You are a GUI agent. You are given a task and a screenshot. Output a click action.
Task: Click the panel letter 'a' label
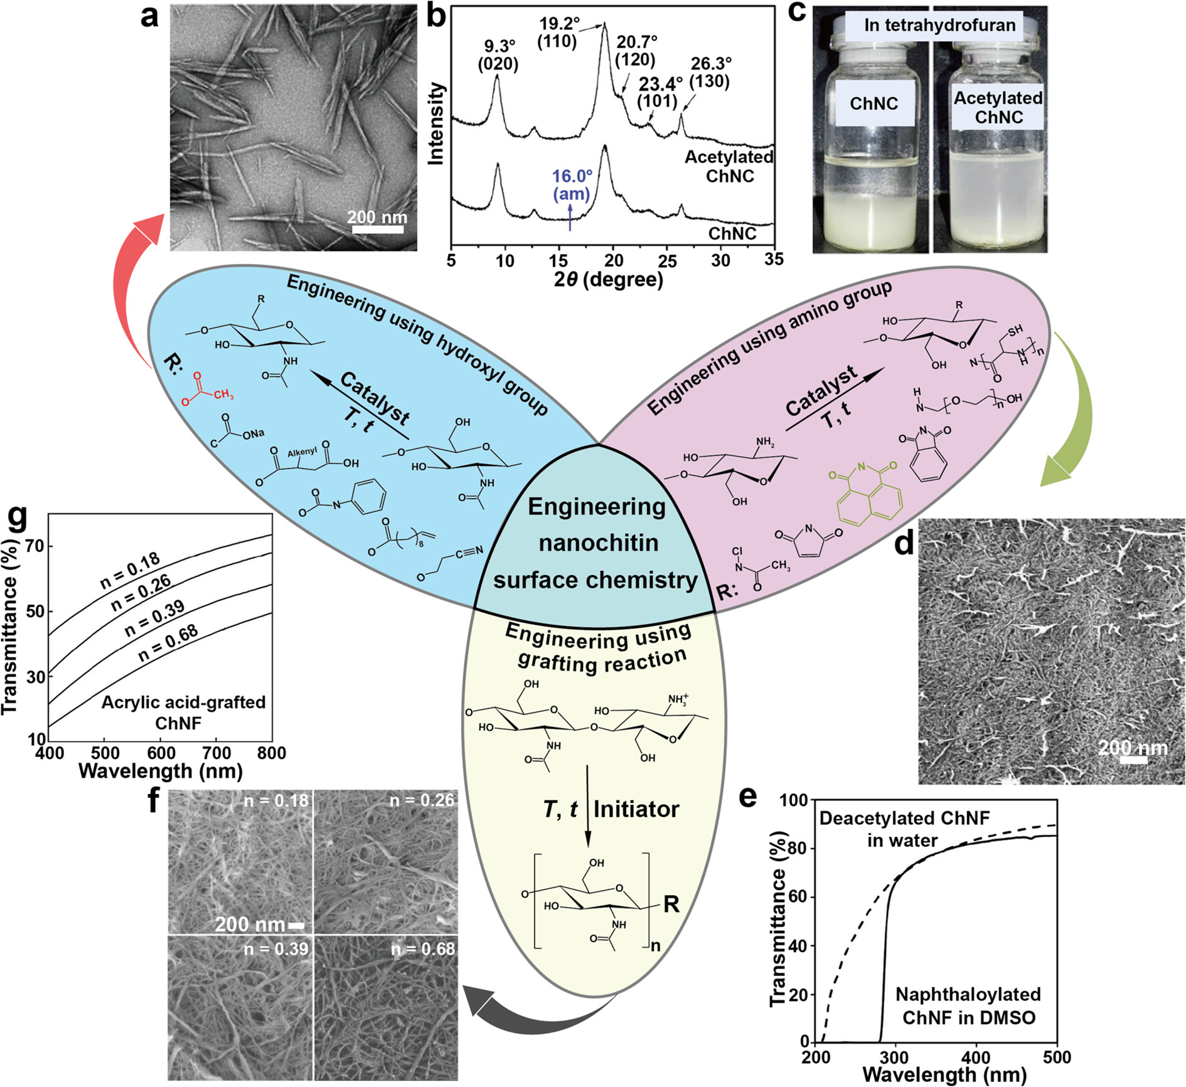click(150, 16)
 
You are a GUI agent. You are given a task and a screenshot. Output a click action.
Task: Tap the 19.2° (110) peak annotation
click(560, 33)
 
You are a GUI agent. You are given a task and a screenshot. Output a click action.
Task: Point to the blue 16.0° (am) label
click(572, 185)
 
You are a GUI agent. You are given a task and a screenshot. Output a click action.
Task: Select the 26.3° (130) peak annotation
click(710, 72)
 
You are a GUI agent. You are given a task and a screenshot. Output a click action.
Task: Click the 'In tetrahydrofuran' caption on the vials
click(939, 25)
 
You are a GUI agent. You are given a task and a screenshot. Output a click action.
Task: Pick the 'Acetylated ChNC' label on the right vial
click(998, 107)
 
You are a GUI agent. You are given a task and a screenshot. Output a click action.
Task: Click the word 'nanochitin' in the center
click(598, 543)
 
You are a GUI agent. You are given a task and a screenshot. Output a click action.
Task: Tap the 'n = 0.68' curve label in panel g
click(168, 644)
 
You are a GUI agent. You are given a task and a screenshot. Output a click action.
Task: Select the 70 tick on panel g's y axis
click(35, 546)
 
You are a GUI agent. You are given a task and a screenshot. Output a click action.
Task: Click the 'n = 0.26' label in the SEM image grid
click(422, 800)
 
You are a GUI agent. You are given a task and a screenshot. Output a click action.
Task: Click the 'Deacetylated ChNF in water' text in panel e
click(904, 829)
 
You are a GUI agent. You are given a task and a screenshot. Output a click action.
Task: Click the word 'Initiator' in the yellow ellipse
click(636, 809)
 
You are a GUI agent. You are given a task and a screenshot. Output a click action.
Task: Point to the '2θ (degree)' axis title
click(608, 279)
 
